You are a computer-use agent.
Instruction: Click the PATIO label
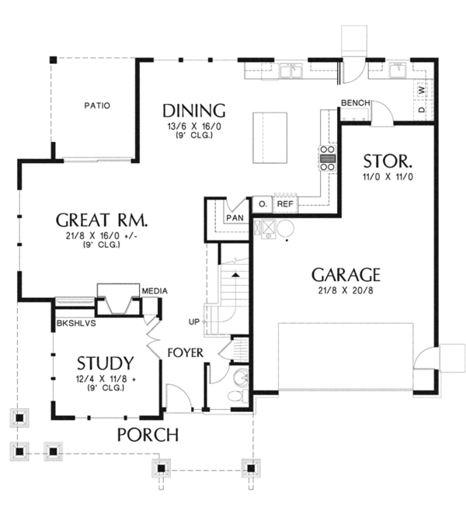[97, 106]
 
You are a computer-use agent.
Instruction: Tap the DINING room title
[194, 111]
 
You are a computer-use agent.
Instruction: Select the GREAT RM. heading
[102, 220]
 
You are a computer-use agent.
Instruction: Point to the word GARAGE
[346, 275]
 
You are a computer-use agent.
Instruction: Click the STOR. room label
[388, 161]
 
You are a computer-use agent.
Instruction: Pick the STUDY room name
[106, 363]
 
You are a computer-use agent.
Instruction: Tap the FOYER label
[186, 353]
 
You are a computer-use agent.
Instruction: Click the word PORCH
[148, 435]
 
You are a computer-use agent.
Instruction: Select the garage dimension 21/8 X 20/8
[346, 290]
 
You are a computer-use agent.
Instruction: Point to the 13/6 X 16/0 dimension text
[194, 127]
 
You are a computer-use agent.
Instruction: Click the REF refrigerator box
[285, 204]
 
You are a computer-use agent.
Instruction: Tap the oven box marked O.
[263, 204]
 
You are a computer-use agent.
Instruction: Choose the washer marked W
[422, 90]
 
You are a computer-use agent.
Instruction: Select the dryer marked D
[422, 109]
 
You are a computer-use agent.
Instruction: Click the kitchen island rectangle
[270, 138]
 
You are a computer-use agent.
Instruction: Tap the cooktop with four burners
[328, 158]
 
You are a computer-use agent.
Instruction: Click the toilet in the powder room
[238, 395]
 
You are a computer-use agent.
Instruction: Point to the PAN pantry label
[235, 218]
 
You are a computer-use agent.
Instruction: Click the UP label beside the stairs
[194, 322]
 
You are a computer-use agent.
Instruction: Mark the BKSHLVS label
[76, 324]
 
